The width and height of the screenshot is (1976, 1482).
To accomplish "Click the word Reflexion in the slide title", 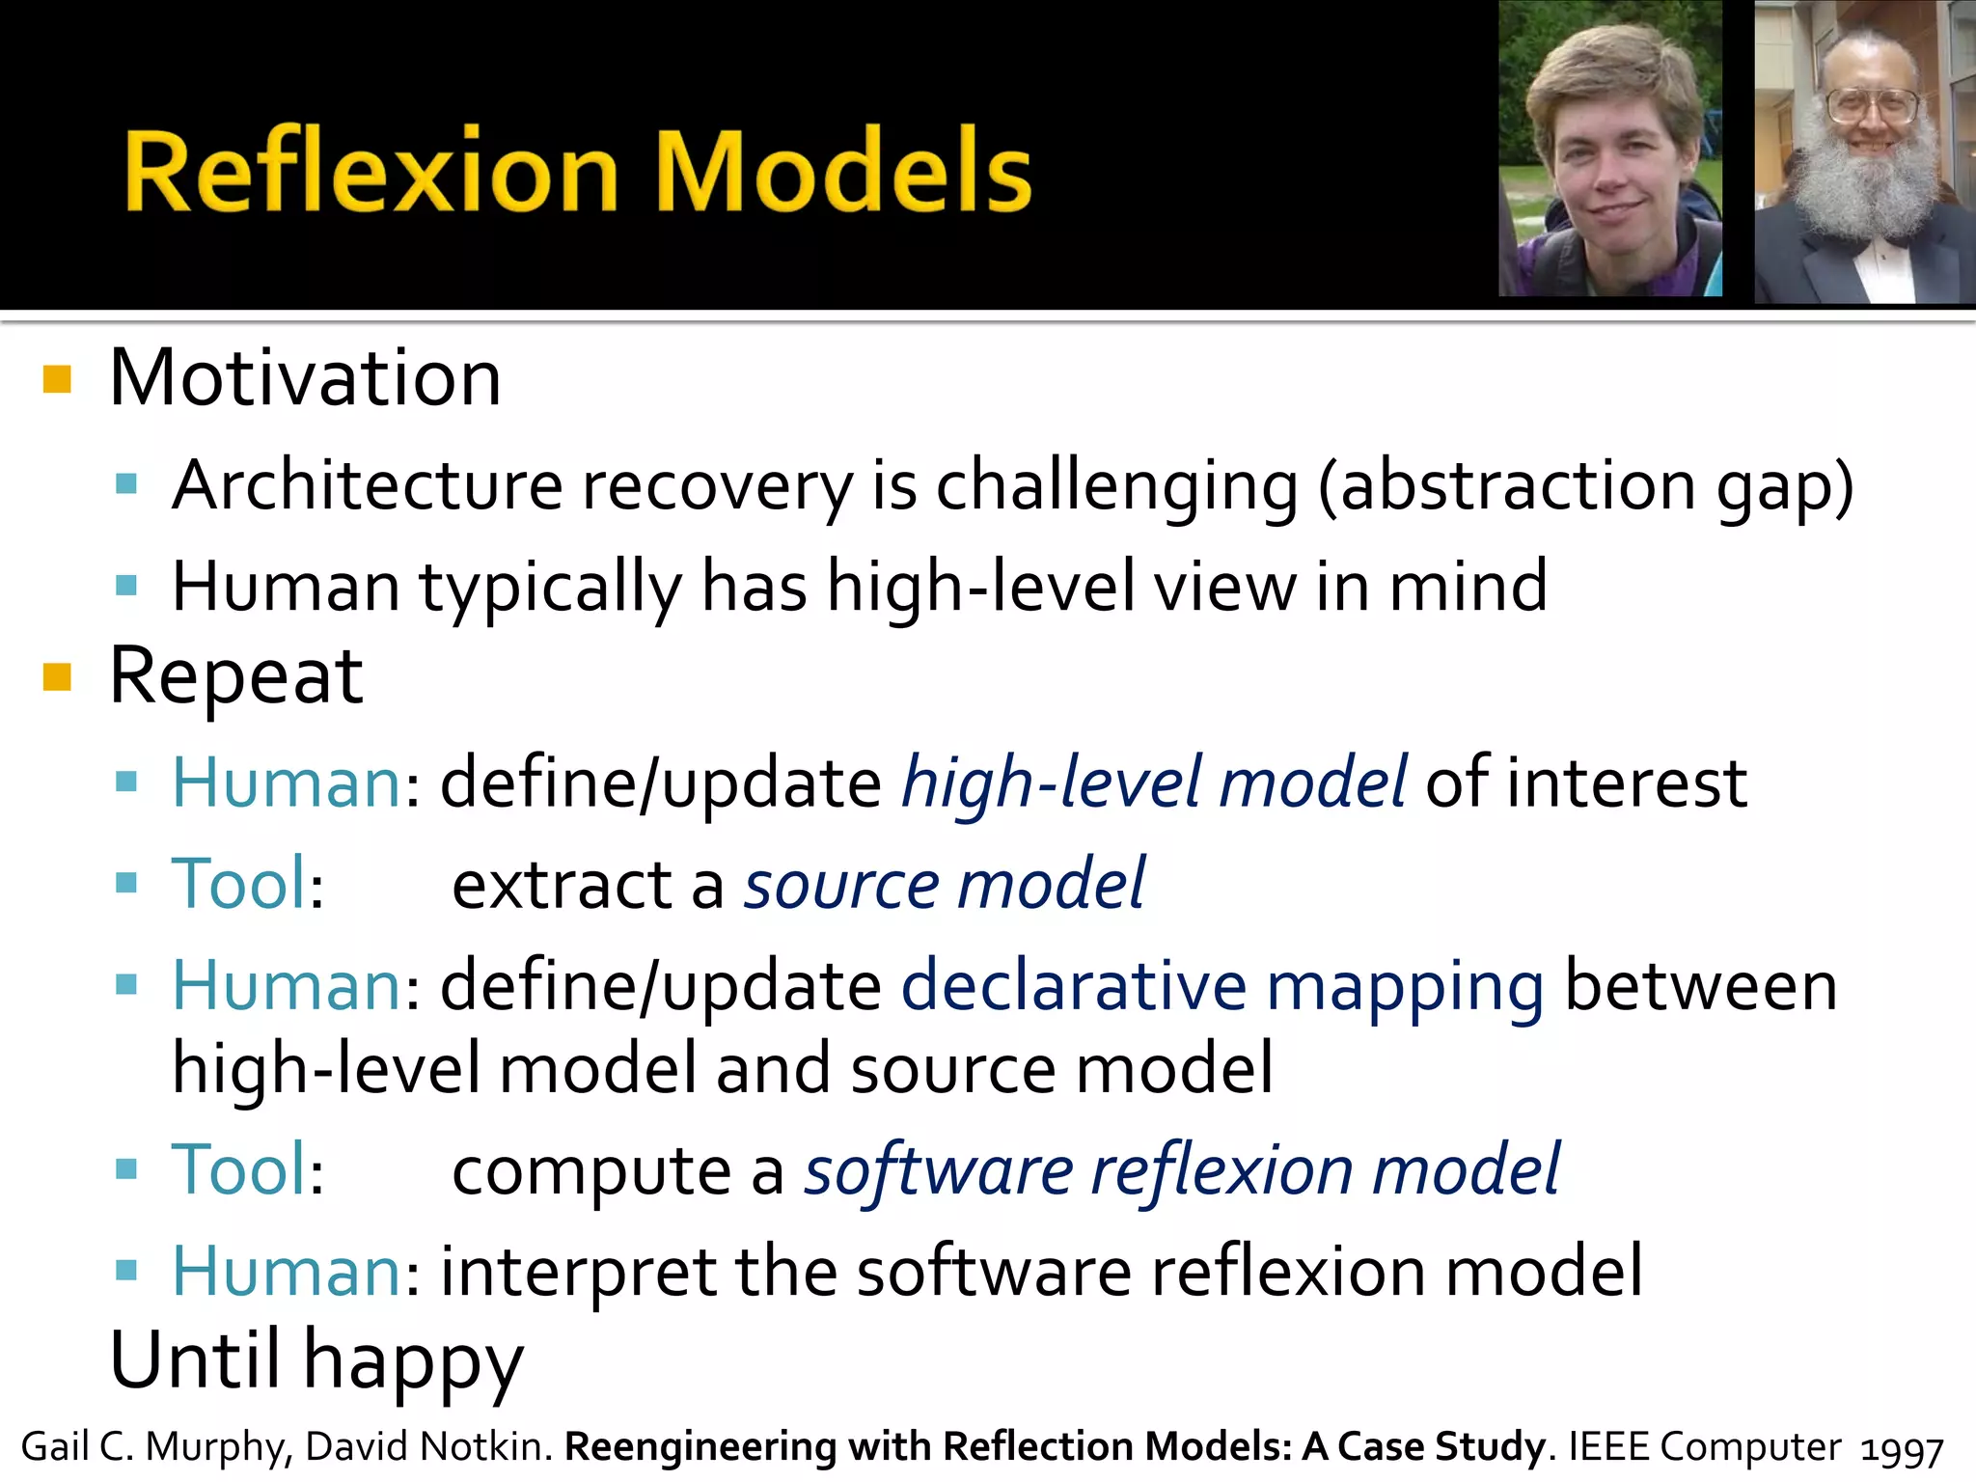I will click(x=371, y=172).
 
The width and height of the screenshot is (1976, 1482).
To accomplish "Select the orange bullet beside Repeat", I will click(x=58, y=677).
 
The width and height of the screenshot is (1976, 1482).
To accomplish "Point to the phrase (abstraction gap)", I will click(x=1585, y=486).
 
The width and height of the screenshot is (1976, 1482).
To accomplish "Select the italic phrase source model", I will click(x=944, y=884).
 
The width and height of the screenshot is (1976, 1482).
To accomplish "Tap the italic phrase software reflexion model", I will click(x=1182, y=1169).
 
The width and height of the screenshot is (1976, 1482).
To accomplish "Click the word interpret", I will click(x=578, y=1272).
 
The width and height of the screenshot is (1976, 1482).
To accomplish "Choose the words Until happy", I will click(x=316, y=1360).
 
